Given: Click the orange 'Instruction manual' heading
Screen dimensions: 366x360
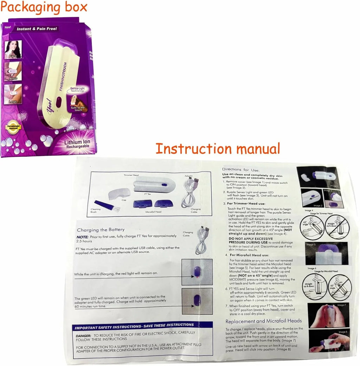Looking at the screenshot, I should point(218,148).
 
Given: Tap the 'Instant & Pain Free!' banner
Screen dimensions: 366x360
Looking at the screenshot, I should point(37,29).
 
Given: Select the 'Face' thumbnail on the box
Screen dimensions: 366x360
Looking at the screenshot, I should point(13,49).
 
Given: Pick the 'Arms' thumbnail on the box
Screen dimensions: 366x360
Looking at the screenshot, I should point(13,71).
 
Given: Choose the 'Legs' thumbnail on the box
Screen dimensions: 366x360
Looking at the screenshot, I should point(13,94).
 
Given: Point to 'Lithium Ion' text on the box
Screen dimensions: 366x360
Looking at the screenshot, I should point(78,142).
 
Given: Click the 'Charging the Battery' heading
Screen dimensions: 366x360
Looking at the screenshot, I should point(101,230).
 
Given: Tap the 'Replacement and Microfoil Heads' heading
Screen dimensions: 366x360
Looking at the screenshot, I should point(263,321).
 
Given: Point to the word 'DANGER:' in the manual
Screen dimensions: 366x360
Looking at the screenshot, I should point(83,336).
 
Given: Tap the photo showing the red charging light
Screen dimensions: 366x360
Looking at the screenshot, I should point(197,272).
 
